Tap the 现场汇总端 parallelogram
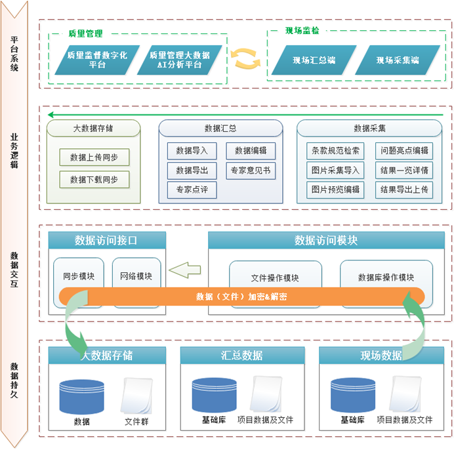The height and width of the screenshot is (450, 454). pyautogui.click(x=314, y=60)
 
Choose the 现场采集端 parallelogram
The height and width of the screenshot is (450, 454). pyautogui.click(x=398, y=60)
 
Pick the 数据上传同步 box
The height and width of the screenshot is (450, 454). pyautogui.click(x=94, y=157)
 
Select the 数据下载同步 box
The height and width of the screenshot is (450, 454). pyautogui.click(x=94, y=179)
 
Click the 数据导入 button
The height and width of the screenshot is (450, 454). pyautogui.click(x=192, y=151)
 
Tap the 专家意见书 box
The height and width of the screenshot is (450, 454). pyautogui.click(x=251, y=171)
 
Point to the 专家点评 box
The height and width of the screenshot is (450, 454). pyautogui.click(x=192, y=190)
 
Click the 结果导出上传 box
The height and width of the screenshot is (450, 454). pyautogui.click(x=405, y=190)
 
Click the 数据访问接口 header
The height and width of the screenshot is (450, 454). pyautogui.click(x=106, y=241)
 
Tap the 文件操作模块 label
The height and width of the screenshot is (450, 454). pyautogui.click(x=276, y=277)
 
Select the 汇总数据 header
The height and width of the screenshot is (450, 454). pyautogui.click(x=242, y=356)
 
